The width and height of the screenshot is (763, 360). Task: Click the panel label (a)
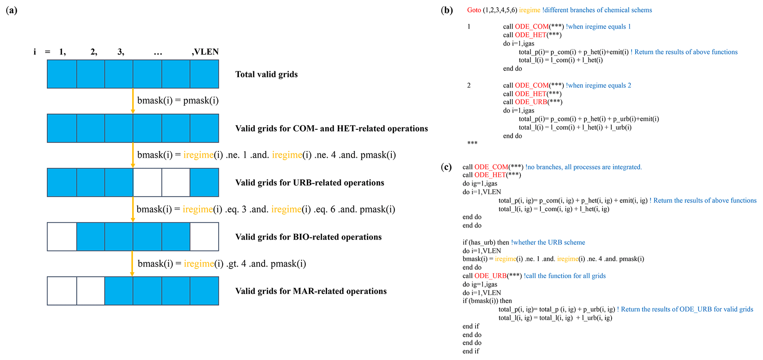(x=11, y=10)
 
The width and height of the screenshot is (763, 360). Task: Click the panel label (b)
(x=447, y=10)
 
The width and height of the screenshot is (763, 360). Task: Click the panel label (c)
(x=446, y=167)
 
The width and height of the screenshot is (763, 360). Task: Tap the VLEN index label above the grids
(x=205, y=52)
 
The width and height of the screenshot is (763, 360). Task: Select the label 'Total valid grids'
(x=267, y=74)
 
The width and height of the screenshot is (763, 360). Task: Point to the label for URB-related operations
(x=310, y=183)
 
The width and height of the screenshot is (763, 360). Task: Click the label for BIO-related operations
(x=309, y=237)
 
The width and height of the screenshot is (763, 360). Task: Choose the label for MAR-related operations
(x=311, y=291)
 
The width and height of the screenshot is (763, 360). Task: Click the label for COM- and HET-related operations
(x=331, y=128)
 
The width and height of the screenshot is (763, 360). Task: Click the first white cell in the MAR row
(x=62, y=291)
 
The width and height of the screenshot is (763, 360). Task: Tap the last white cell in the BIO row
(x=205, y=237)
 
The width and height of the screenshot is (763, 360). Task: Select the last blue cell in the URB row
(x=205, y=182)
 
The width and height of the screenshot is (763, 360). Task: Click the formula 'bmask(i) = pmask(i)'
(x=178, y=100)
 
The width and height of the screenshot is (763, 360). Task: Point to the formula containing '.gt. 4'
(x=222, y=264)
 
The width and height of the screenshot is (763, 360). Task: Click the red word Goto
(x=474, y=10)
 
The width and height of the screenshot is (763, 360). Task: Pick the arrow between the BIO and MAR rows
(x=132, y=264)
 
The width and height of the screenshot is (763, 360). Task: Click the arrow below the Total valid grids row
(x=133, y=101)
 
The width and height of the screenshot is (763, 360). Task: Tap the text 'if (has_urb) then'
(x=486, y=243)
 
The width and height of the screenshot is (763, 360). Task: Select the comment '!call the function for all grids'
(x=565, y=276)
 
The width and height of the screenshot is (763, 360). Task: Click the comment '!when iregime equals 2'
(x=598, y=86)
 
